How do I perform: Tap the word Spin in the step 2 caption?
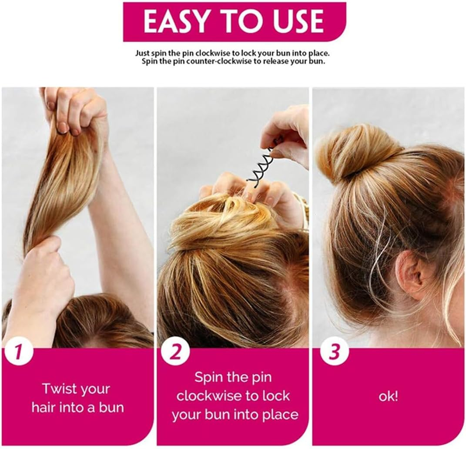pyautogui.click(x=208, y=378)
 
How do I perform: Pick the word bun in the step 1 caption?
pyautogui.click(x=111, y=407)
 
